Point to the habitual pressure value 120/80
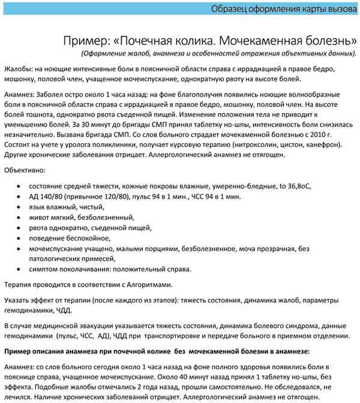coord(112,196)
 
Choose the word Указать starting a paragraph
coord(18,300)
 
